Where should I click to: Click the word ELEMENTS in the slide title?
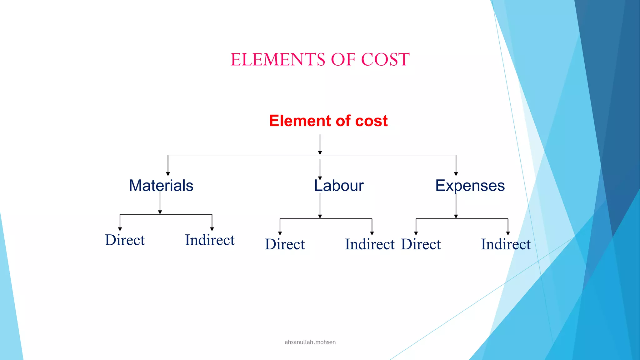pos(278,59)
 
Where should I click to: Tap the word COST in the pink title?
pos(385,59)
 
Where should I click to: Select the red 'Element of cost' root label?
pos(328,121)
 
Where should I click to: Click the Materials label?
pos(161,186)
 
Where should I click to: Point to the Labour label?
pos(339,186)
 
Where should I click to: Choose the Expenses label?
pos(470,186)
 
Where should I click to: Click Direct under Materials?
pos(125,240)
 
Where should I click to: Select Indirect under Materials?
pos(210,240)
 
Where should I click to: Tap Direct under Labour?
pos(285,244)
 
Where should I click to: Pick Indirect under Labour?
pos(370,244)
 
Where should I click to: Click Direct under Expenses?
pos(421,244)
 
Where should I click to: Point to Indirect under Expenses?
pos(506,244)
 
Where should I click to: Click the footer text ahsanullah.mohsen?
pos(310,342)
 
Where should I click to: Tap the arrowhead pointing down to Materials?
pos(168,174)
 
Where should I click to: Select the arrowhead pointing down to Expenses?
pos(456,174)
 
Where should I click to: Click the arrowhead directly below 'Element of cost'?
pos(320,153)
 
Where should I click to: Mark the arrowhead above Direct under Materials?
pos(120,229)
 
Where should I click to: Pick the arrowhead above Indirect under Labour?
pos(372,233)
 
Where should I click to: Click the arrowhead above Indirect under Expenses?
pos(508,233)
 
